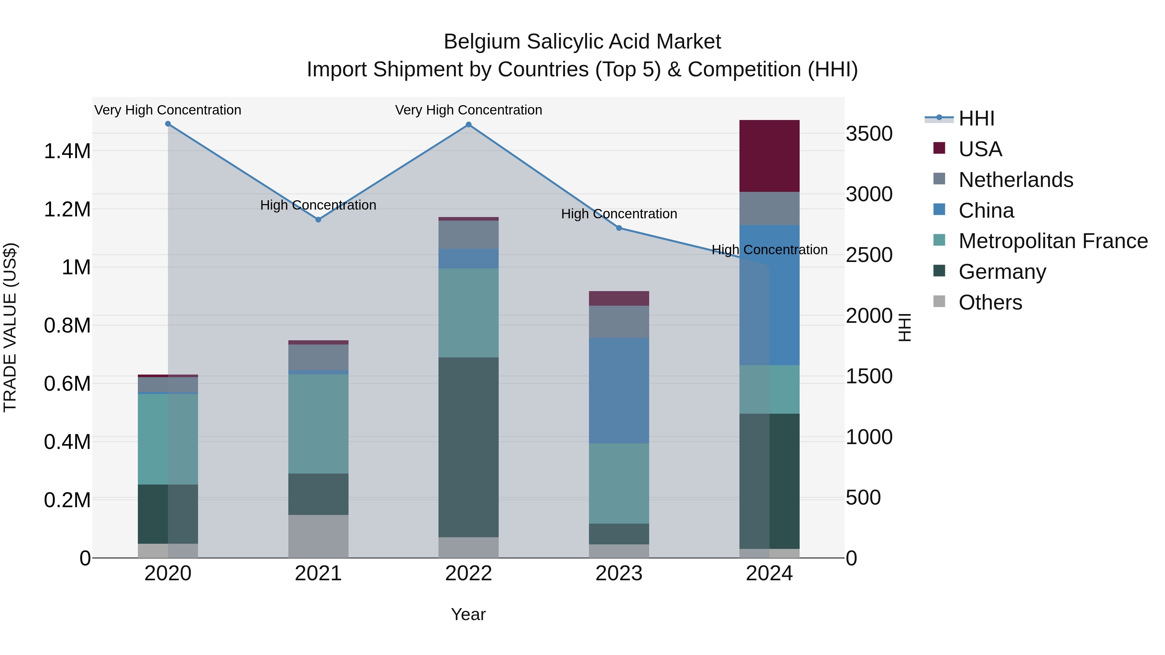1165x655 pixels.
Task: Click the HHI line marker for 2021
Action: [x=318, y=220]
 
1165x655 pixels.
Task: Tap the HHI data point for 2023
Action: [x=619, y=228]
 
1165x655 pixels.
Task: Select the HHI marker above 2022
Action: [x=469, y=125]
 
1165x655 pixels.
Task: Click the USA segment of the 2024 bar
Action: [x=769, y=156]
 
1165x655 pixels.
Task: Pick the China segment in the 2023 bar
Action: [x=619, y=390]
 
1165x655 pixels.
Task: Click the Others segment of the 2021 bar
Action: [x=318, y=536]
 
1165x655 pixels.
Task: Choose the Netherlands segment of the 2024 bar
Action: [x=769, y=208]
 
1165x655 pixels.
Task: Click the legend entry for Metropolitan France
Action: [x=1053, y=241]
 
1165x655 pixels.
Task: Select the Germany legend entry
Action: [x=1002, y=272]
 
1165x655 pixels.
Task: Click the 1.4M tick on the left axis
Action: [x=67, y=151]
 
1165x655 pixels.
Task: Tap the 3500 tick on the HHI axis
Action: [x=869, y=134]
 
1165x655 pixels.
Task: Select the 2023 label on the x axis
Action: [x=619, y=573]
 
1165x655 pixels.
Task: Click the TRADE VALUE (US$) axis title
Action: [x=10, y=327]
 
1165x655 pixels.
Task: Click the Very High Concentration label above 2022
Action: [x=469, y=110]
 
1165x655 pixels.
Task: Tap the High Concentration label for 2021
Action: [x=318, y=205]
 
